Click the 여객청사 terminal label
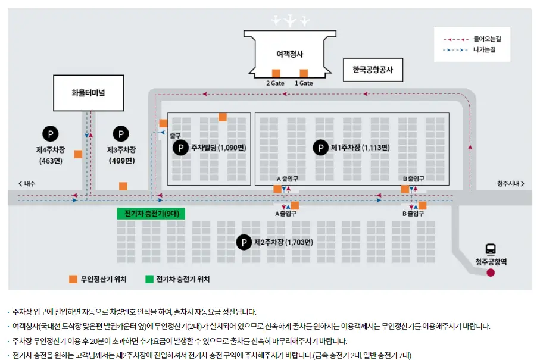[x=290, y=54]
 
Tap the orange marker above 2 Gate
[x=276, y=73]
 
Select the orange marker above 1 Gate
[x=304, y=73]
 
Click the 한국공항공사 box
[x=373, y=70]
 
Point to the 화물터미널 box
[x=89, y=93]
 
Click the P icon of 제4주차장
[x=51, y=134]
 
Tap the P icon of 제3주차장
[x=121, y=134]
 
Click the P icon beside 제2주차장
[x=244, y=242]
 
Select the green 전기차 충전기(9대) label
[x=152, y=214]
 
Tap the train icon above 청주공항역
[x=491, y=249]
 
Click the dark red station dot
[x=491, y=273]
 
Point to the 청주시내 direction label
[x=510, y=184]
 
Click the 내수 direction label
[x=27, y=184]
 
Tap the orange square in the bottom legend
[x=73, y=279]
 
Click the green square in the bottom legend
[x=149, y=279]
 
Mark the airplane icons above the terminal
[x=291, y=20]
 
